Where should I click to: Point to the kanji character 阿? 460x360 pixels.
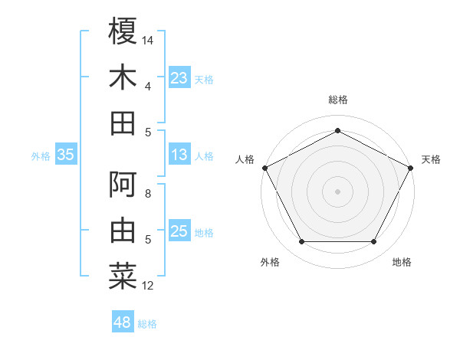(123, 185)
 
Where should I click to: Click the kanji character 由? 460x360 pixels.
(123, 231)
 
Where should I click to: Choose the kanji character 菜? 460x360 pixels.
(123, 277)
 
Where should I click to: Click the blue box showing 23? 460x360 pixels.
(179, 77)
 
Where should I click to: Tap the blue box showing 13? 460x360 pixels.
(179, 155)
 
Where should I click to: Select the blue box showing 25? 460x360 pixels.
(179, 231)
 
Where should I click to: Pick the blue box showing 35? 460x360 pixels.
(66, 155)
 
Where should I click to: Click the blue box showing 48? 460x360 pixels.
(123, 322)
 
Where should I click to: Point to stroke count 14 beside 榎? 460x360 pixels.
(149, 39)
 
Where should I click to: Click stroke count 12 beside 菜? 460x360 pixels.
(149, 286)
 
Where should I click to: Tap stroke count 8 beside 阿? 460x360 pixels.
(148, 194)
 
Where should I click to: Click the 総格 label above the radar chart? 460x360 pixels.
(337, 100)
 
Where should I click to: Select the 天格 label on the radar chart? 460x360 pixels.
(432, 159)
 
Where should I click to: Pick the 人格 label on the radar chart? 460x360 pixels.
(245, 159)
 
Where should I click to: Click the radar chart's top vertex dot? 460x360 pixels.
(337, 130)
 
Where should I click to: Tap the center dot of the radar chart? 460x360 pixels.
(337, 191)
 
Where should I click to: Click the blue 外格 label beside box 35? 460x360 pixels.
(41, 155)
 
